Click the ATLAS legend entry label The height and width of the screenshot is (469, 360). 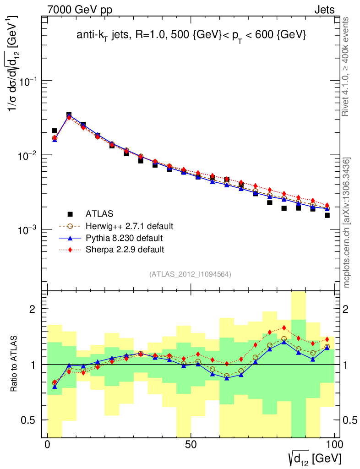point(99,214)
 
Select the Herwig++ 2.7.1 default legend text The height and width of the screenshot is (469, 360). point(129,226)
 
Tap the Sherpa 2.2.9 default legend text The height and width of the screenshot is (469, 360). point(125,250)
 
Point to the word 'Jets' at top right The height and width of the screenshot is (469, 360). point(324,10)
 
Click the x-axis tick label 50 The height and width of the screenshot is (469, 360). point(191,445)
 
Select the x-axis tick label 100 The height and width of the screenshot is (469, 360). point(334,445)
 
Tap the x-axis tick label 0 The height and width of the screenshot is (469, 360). point(48,445)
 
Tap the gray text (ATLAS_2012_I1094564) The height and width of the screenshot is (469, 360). point(190,275)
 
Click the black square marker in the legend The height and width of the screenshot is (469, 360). point(70,214)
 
